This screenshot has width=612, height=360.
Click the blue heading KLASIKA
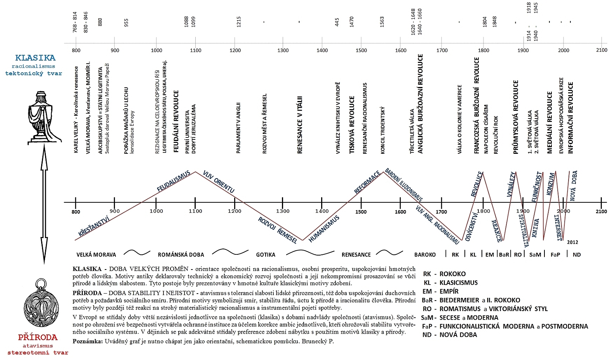point(35,58)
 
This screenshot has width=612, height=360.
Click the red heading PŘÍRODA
point(38,337)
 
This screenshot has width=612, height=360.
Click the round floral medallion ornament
point(41,303)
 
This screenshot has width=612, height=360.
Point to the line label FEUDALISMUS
point(174,181)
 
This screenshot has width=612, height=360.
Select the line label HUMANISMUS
point(324,229)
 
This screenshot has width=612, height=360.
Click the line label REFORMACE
point(367,182)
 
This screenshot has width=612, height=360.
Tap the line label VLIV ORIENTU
point(219,182)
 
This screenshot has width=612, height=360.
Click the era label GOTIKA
point(266,255)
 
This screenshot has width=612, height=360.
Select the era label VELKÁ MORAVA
point(96,255)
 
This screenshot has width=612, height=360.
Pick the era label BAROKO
point(425,255)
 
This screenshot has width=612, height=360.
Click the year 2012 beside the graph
point(572,242)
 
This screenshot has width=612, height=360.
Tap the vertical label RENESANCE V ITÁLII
point(300,125)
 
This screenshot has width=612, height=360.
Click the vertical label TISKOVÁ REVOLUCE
point(352,125)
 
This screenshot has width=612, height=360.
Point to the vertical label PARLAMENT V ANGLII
point(238,128)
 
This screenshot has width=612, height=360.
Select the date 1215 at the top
point(238,22)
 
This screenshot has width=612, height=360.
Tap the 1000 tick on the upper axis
point(156,50)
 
